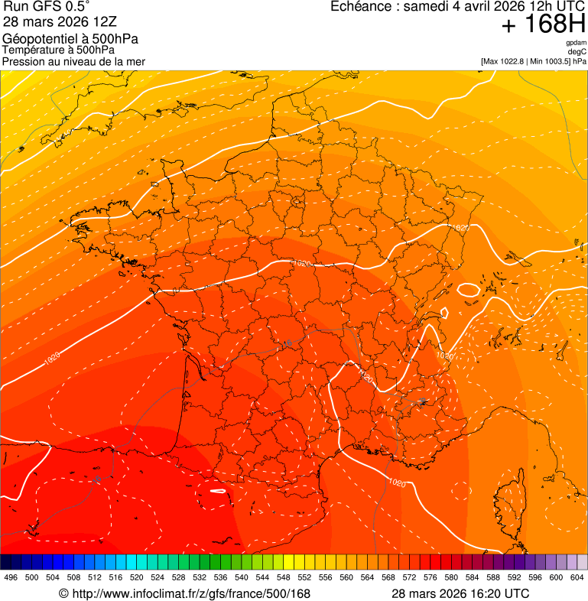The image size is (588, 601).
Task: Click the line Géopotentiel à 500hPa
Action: pyautogui.click(x=70, y=39)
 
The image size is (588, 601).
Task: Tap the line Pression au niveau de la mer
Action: pyautogui.click(x=73, y=61)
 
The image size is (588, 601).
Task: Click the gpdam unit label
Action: pyautogui.click(x=576, y=43)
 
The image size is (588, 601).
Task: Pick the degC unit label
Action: pyautogui.click(x=577, y=51)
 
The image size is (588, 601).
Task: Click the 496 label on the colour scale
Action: pyautogui.click(x=11, y=577)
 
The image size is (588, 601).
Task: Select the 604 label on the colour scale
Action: pyautogui.click(x=577, y=577)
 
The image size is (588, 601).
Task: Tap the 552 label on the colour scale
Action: pyautogui.click(x=304, y=577)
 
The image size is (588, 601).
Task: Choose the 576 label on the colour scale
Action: pyautogui.click(x=430, y=577)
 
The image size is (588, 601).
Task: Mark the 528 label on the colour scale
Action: pyautogui.click(x=178, y=577)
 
